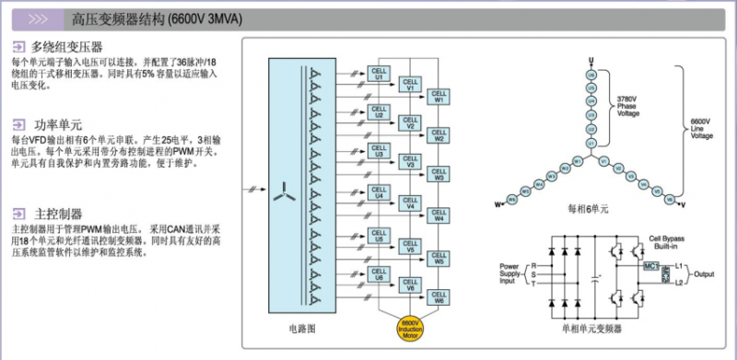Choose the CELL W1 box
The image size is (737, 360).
[x=439, y=96]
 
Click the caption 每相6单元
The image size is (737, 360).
[x=591, y=208]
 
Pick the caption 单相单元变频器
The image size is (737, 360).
[x=592, y=328]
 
